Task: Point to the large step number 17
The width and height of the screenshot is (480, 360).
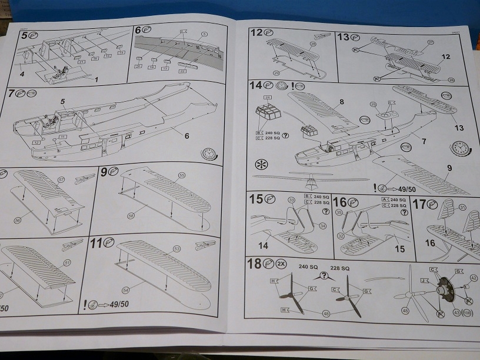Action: coord(419,205)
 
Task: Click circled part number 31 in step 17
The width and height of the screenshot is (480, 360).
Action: coord(462,206)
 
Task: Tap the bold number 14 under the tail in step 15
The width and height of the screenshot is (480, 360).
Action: coord(264,245)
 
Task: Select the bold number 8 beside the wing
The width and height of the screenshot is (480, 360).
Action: coord(341,102)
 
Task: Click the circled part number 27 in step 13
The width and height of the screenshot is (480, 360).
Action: coord(431,43)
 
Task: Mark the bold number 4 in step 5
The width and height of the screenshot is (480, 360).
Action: coord(22,74)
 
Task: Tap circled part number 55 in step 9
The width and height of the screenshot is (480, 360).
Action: coord(182,175)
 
